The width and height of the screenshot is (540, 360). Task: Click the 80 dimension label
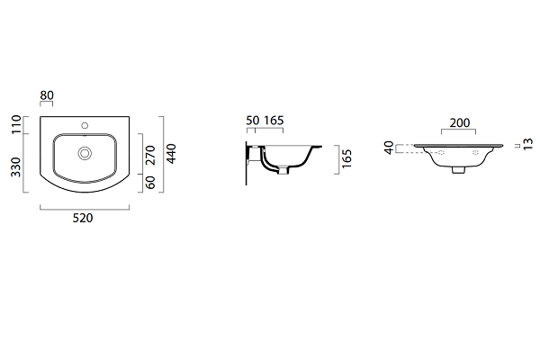[47, 95]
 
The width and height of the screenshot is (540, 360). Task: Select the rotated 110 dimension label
[16, 125]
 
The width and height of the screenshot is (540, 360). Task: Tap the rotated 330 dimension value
[16, 167]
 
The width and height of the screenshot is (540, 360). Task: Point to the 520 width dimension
[83, 218]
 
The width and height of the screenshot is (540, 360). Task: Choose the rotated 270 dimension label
[150, 155]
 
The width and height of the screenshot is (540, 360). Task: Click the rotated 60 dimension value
[150, 182]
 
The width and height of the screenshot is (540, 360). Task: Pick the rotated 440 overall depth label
[171, 154]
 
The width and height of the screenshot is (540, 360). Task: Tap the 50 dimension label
[252, 121]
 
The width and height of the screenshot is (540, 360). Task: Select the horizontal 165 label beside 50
[274, 121]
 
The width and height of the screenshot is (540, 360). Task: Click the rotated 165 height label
[346, 158]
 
